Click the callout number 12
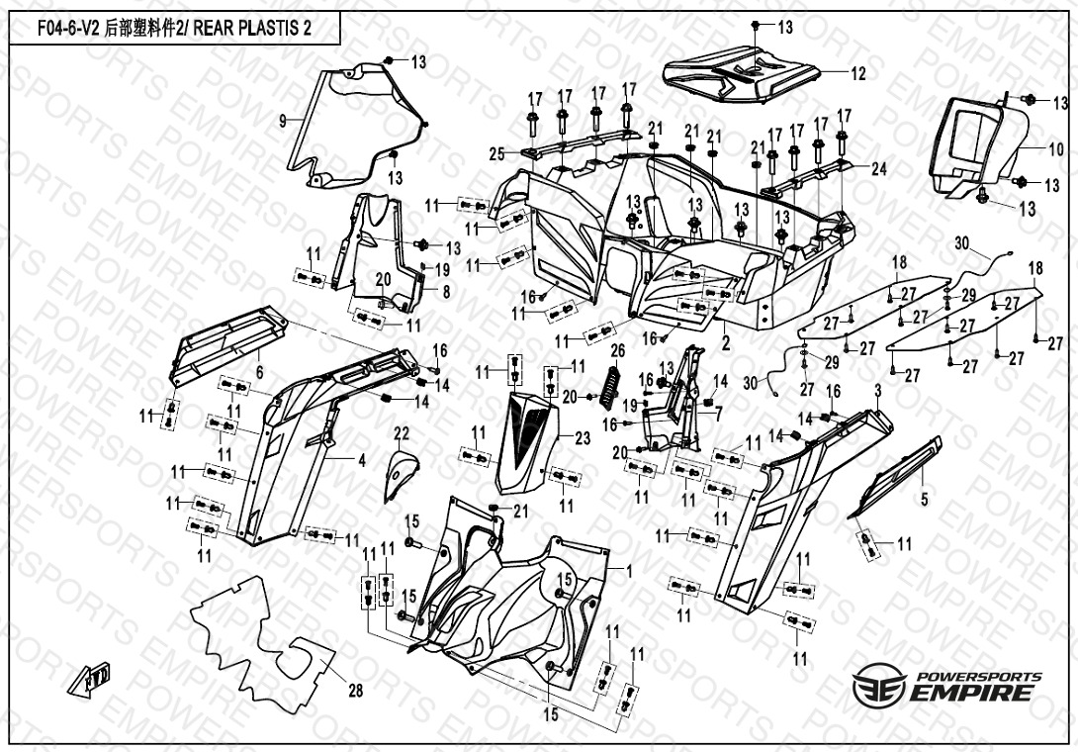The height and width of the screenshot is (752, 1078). (x=857, y=73)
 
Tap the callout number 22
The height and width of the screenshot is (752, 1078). (x=401, y=432)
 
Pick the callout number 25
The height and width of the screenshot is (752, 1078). (x=496, y=152)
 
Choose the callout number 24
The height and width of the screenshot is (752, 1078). (x=879, y=169)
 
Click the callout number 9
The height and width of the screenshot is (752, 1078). (x=283, y=120)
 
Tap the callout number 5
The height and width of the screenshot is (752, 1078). (x=925, y=501)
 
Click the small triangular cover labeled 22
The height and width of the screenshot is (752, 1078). (x=397, y=473)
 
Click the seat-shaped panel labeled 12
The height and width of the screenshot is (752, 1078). (x=742, y=77)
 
